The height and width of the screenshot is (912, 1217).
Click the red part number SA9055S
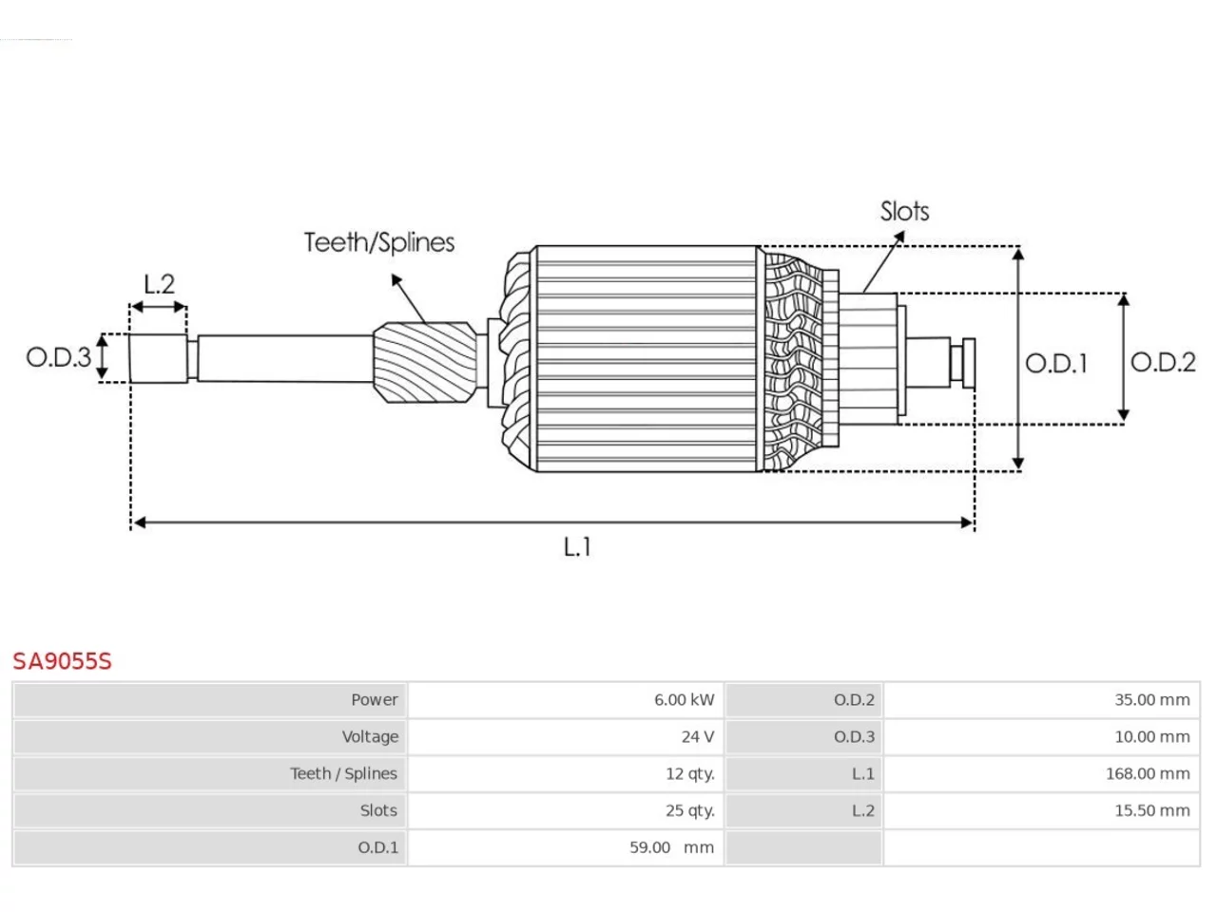click(x=62, y=661)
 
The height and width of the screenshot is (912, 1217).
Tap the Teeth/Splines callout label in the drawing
click(x=379, y=242)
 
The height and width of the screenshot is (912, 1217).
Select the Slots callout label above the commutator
click(x=904, y=211)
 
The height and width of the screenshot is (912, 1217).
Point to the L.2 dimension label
click(x=159, y=284)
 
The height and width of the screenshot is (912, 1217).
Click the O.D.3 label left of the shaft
click(x=58, y=357)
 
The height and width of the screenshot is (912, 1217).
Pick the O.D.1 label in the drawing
click(x=1056, y=363)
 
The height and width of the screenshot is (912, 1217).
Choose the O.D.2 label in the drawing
click(x=1163, y=362)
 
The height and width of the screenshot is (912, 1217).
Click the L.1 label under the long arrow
click(x=576, y=547)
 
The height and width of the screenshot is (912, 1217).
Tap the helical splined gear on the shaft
click(x=425, y=362)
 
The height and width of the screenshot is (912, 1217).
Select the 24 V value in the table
click(x=698, y=736)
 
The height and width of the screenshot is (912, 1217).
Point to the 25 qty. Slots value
click(x=690, y=810)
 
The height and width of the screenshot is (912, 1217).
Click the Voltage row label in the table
click(x=370, y=737)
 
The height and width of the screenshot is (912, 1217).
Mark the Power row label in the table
click(x=375, y=699)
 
